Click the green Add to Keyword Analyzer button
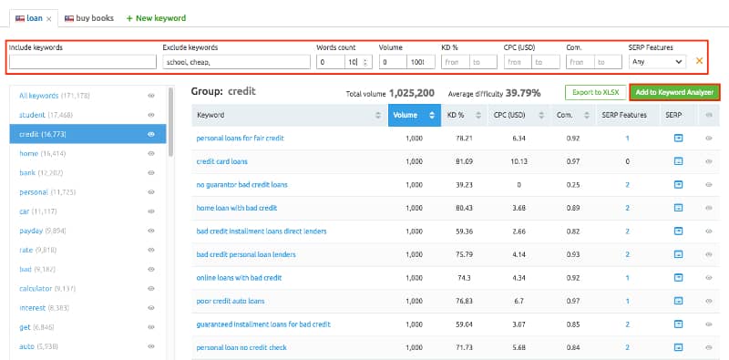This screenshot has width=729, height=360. (674, 92)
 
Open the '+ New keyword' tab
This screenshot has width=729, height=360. (156, 17)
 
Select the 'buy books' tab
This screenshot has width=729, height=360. (90, 17)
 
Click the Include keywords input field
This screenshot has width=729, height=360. (83, 62)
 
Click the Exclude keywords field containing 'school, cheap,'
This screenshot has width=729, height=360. (235, 62)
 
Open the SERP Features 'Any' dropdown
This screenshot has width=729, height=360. (656, 62)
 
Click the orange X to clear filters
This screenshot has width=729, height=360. (700, 61)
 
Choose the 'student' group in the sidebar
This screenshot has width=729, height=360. (40, 115)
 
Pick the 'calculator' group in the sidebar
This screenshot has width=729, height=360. (47, 289)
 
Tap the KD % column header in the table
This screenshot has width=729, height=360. (456, 115)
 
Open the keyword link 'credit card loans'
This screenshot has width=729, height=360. (221, 161)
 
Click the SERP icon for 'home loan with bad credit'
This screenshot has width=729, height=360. (678, 208)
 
